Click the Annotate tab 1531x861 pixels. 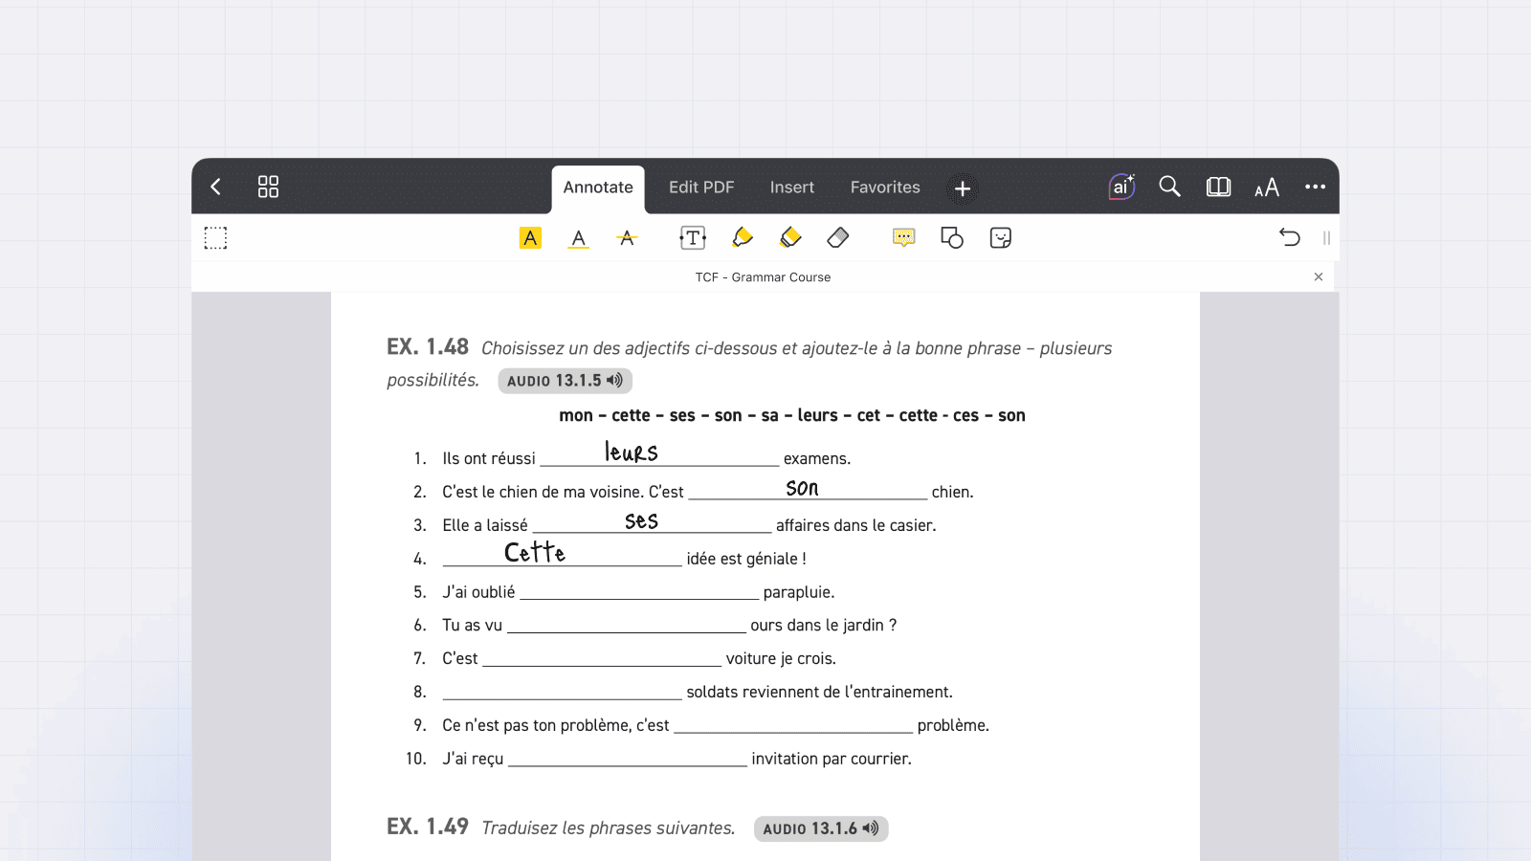click(x=598, y=188)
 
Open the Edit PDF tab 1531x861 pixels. click(x=701, y=188)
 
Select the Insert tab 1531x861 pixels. click(x=791, y=188)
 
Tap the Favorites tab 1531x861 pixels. click(x=885, y=188)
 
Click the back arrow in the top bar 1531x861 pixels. click(x=216, y=187)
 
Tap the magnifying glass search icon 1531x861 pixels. click(x=1169, y=187)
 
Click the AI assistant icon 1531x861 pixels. click(x=1121, y=187)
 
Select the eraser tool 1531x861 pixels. click(x=838, y=237)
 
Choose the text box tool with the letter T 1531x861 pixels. click(x=693, y=237)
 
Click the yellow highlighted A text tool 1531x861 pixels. click(x=530, y=237)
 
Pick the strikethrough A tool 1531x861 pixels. click(x=627, y=237)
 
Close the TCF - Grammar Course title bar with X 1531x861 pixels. click(x=1318, y=276)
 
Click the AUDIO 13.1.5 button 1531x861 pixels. click(x=565, y=381)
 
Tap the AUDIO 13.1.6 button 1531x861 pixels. click(x=820, y=828)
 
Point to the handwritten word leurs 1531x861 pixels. click(x=632, y=452)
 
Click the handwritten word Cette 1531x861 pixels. click(x=534, y=552)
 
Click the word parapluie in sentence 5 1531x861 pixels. click(x=798, y=592)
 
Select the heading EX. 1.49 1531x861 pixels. click(x=428, y=827)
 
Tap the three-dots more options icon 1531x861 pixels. click(x=1315, y=187)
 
